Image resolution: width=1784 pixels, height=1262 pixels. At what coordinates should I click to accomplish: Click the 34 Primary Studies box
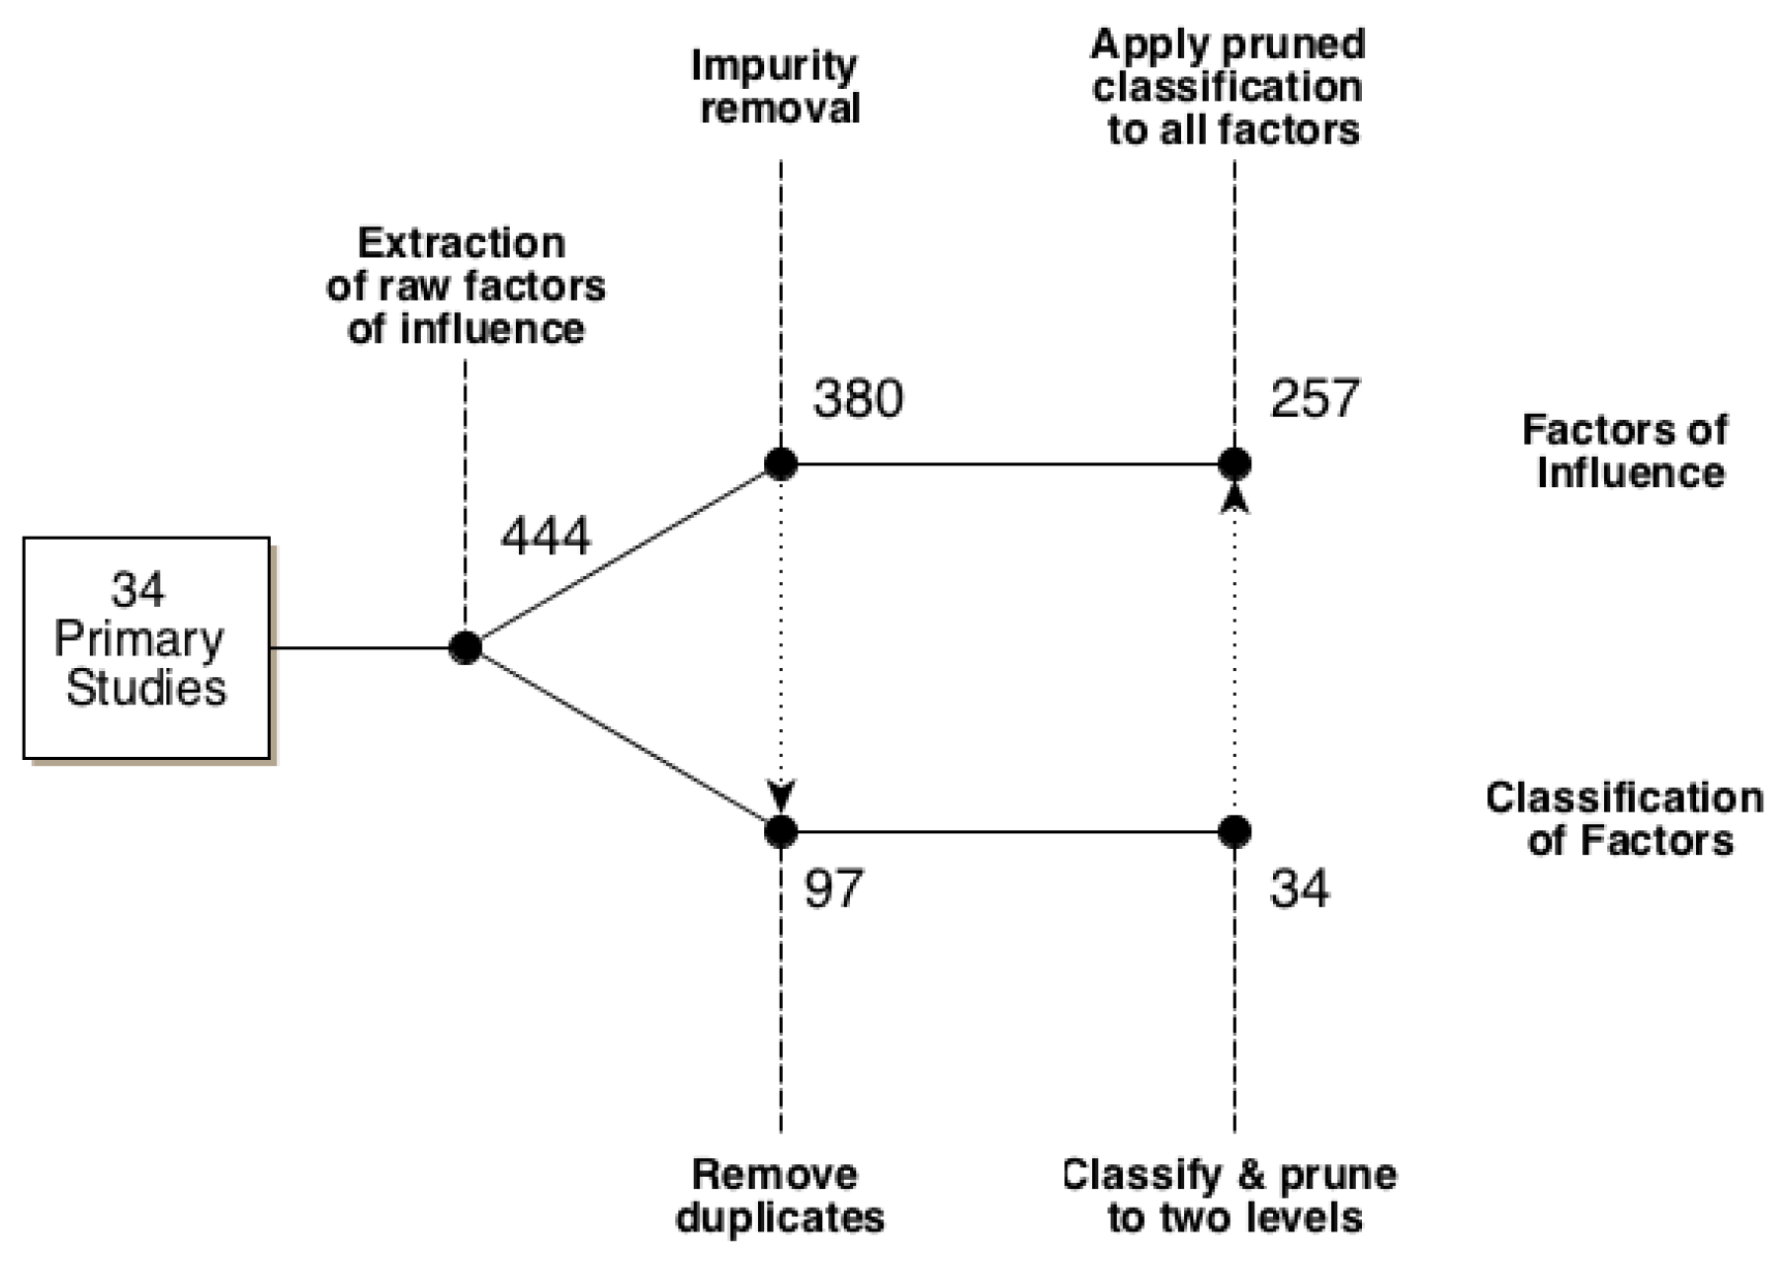146,647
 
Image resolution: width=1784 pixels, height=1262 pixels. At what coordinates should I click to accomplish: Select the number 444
545,538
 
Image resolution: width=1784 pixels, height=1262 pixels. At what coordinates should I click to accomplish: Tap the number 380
857,398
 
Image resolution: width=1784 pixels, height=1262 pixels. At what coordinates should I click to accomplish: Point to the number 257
1314,398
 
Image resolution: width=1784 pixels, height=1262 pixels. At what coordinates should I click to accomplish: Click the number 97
833,888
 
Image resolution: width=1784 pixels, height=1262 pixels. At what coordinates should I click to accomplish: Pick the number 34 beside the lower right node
1299,888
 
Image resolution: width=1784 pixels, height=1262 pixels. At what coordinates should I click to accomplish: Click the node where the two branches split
465,647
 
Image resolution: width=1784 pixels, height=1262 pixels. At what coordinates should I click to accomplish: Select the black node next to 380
781,463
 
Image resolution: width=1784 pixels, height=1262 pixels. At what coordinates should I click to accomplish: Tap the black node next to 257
1233,463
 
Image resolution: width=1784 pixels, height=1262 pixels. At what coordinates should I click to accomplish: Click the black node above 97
781,831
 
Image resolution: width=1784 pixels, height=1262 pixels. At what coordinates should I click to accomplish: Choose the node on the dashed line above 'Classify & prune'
1233,831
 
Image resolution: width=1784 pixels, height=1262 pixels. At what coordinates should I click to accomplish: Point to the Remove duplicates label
779,1195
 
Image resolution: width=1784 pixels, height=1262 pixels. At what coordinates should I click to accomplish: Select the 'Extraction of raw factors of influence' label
465,286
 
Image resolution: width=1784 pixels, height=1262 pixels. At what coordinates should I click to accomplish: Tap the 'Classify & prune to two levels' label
1231,1195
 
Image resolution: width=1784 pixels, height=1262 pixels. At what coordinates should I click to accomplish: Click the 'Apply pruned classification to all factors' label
1229,86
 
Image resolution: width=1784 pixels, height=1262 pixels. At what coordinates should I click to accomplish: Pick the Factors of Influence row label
1627,451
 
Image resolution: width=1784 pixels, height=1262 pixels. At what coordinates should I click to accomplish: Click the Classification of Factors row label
1626,819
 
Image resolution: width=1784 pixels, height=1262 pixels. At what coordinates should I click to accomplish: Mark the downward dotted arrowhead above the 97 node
781,795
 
